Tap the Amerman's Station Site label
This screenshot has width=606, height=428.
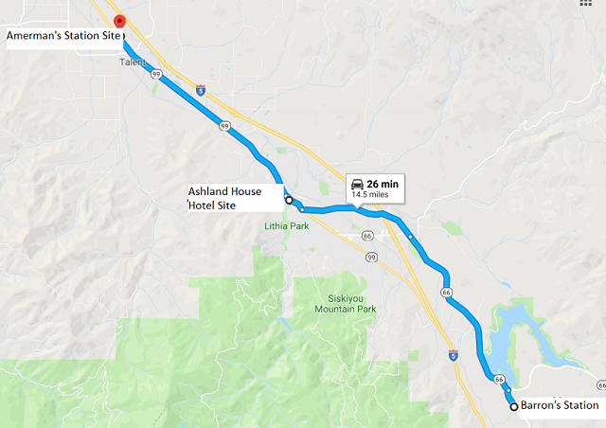coord(64,37)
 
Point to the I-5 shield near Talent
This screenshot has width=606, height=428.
coord(201,90)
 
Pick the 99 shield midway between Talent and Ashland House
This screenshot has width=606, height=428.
coord(225,124)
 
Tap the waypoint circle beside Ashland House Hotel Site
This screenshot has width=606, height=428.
coord(289,201)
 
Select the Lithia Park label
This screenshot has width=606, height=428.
coord(287,226)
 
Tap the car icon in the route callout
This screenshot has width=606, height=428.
coord(356,183)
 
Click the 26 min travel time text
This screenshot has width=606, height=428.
coord(381,183)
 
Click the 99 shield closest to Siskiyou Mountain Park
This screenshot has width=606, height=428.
coord(371,257)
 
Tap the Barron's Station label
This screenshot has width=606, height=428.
coord(560,406)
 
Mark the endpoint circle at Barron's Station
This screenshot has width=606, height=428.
coord(514,406)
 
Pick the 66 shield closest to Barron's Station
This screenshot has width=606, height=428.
coord(498,380)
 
